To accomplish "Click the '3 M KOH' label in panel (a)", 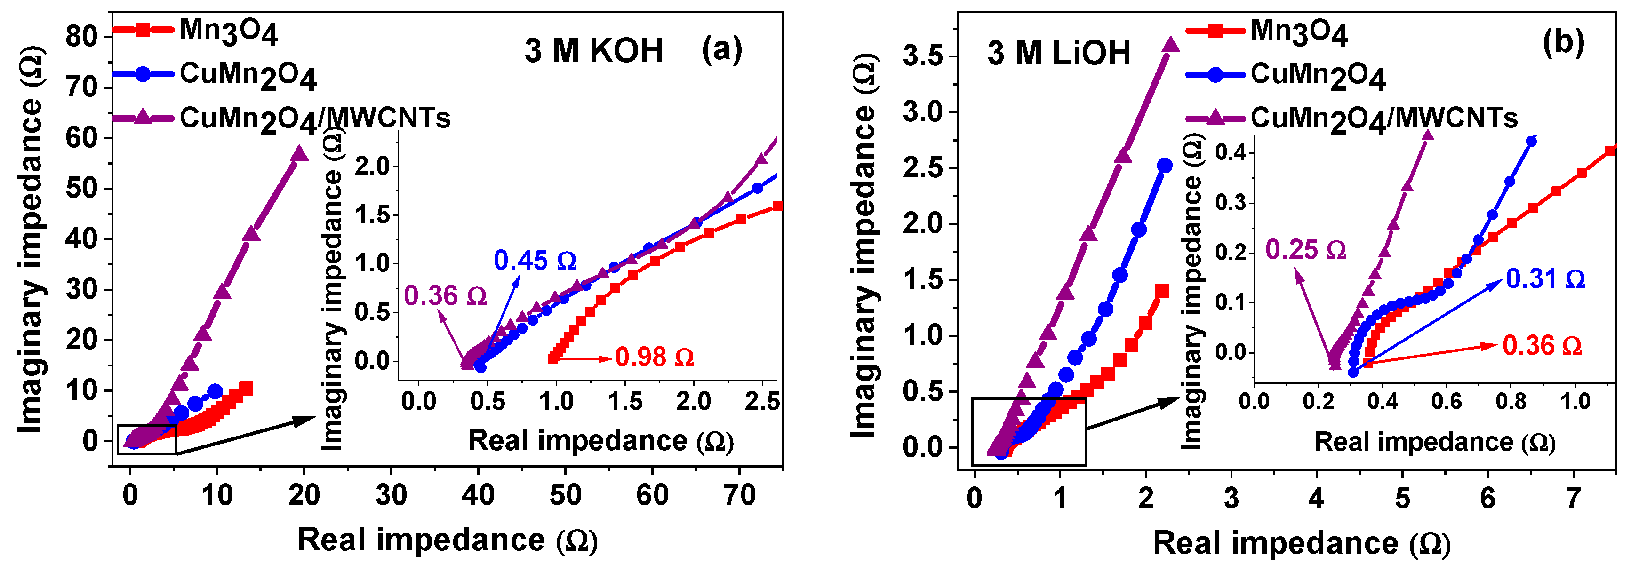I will click(593, 51).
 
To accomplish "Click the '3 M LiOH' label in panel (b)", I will click(1059, 53).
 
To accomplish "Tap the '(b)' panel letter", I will click(1563, 42).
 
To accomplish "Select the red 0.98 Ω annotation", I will click(654, 357).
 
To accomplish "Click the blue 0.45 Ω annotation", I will click(535, 261).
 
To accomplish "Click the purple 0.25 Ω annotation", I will click(1305, 250).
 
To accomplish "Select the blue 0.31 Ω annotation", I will click(1545, 278).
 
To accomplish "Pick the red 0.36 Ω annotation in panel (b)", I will click(1542, 345).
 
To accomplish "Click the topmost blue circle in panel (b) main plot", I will click(1164, 165).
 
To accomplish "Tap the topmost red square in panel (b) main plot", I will click(1162, 291).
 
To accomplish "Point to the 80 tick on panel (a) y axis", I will click(81, 37).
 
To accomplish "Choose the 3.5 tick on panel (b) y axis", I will click(922, 56).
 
